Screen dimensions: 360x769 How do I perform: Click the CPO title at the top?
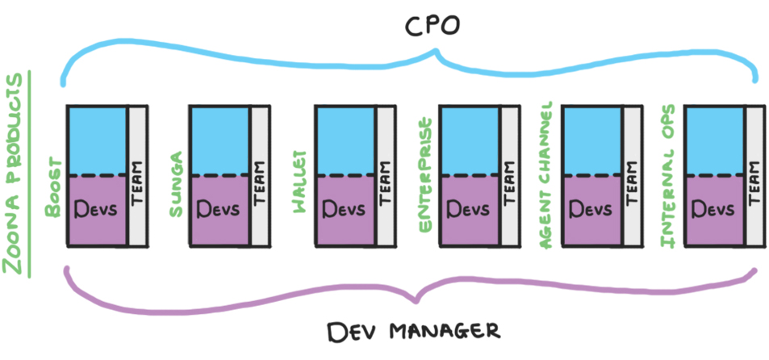pos(433,26)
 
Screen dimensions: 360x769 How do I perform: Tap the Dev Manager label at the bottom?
pos(413,331)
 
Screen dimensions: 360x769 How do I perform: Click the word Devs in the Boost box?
pos(96,209)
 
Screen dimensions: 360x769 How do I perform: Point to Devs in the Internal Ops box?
pos(713,209)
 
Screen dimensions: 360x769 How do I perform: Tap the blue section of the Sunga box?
pos(219,140)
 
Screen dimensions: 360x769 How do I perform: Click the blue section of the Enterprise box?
pos(469,140)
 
